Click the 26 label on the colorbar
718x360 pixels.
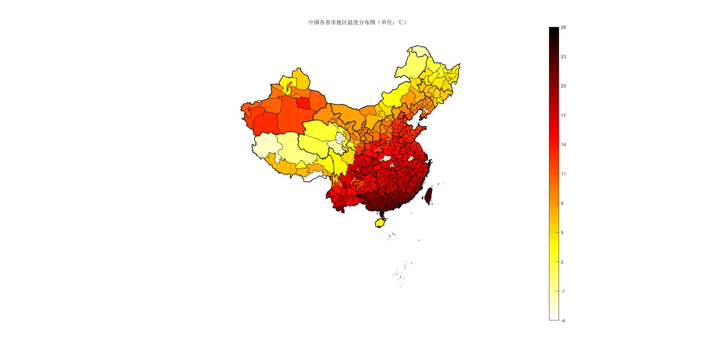point(563,27)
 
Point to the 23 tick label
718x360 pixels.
point(563,57)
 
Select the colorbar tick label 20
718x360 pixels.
point(563,86)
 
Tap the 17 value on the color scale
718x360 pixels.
point(563,116)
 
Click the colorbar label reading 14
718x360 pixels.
point(563,145)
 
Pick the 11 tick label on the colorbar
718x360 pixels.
point(563,174)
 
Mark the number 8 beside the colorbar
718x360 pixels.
point(562,203)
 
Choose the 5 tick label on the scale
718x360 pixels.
point(562,233)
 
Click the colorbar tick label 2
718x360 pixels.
point(562,262)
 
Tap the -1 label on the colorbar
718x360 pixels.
point(563,291)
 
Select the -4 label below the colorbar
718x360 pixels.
point(563,320)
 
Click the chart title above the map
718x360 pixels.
point(357,22)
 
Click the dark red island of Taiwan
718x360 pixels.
point(429,195)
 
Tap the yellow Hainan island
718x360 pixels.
point(381,223)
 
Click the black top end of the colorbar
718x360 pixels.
point(554,30)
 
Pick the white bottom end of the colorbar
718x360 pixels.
point(554,317)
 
